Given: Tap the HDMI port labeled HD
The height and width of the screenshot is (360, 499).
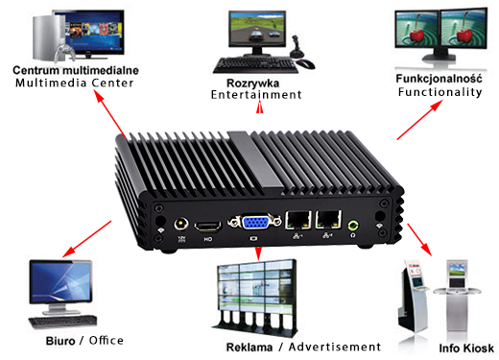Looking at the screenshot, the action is click(206, 227).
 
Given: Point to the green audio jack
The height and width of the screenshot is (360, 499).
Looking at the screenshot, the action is click(356, 227).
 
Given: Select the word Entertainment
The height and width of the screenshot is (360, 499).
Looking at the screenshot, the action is click(257, 95).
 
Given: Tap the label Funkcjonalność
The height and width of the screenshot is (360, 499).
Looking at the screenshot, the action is click(438, 77).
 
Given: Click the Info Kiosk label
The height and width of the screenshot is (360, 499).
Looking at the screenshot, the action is click(465, 348).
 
